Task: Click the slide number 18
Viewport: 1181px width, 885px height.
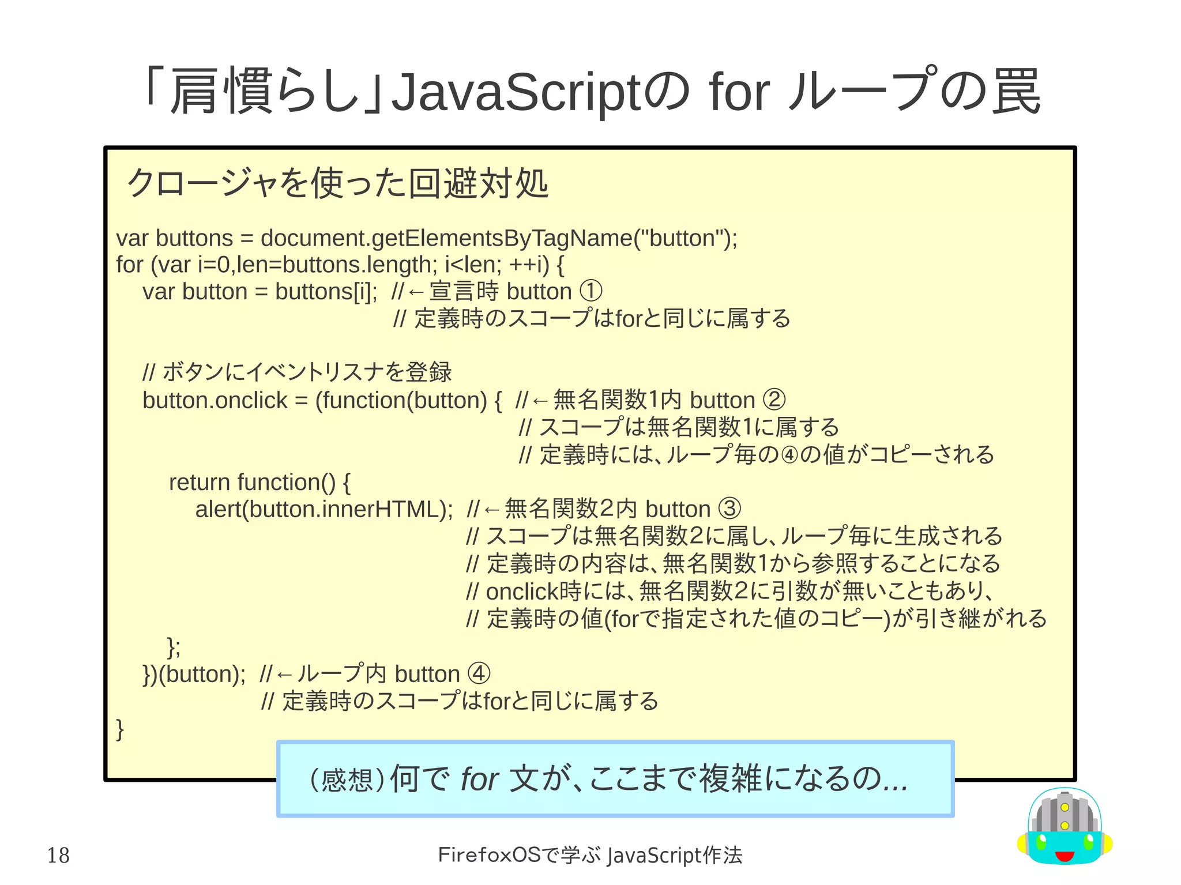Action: pos(58,856)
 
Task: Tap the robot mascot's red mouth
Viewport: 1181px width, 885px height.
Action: pos(1065,856)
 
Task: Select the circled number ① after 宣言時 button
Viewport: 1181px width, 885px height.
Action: pos(591,291)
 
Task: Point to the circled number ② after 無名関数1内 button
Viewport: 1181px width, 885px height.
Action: pos(774,400)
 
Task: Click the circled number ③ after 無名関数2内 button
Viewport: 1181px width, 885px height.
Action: pos(729,509)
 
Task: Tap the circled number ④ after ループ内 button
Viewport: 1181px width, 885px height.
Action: pos(479,674)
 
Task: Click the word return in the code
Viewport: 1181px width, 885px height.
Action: pos(199,482)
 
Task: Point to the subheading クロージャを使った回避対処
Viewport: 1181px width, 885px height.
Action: pos(337,184)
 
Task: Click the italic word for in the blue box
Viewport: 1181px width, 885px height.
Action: pos(479,779)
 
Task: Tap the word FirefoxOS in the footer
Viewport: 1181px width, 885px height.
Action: pos(490,855)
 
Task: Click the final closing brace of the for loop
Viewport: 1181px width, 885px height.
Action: pos(120,729)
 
